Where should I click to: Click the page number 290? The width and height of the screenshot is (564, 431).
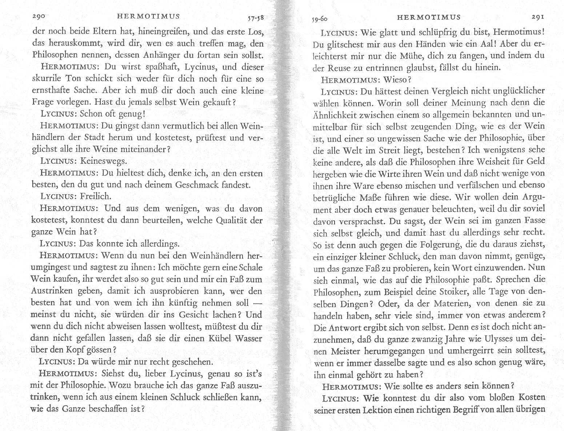(x=38, y=16)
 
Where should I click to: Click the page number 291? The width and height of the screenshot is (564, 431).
(x=537, y=17)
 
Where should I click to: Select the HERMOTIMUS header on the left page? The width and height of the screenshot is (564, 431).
(x=149, y=16)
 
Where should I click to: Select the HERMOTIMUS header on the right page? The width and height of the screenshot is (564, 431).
(x=429, y=17)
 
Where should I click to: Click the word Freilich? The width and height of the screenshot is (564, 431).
(x=95, y=196)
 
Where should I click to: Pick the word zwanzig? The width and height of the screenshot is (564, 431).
(x=427, y=339)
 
